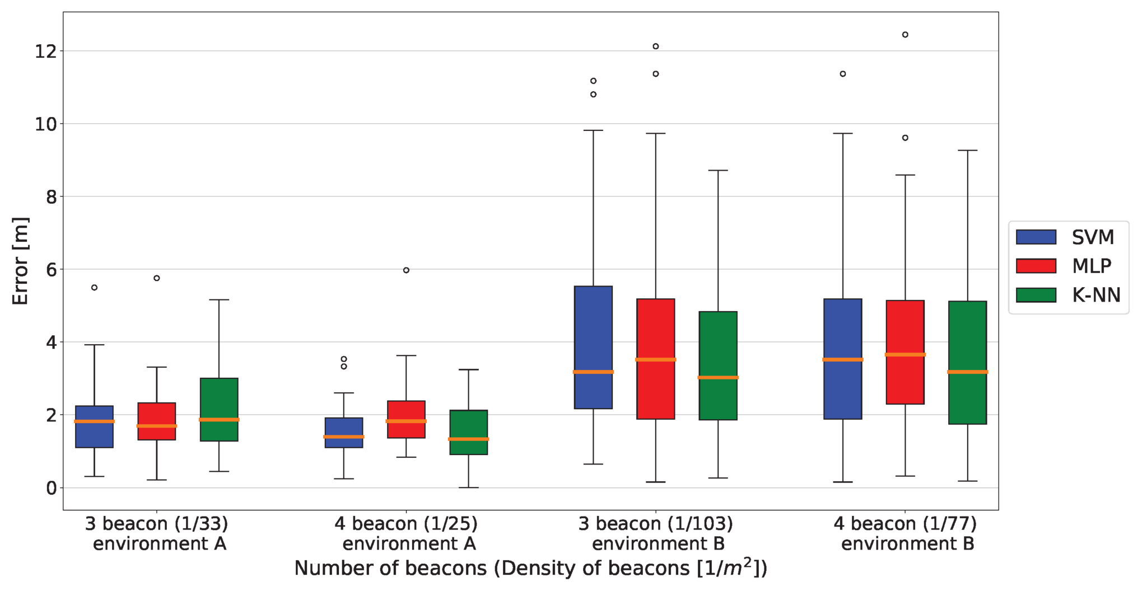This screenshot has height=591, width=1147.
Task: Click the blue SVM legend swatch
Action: click(1036, 237)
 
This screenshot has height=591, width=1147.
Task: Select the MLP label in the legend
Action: click(1092, 266)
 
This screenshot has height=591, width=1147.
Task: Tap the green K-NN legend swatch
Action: click(1036, 295)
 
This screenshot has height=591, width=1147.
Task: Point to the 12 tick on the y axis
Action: click(46, 51)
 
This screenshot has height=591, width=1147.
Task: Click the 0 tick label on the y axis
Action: click(51, 488)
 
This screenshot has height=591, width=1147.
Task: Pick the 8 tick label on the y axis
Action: click(51, 197)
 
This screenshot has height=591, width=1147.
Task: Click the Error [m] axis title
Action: click(20, 261)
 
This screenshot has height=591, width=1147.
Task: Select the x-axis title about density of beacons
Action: click(530, 568)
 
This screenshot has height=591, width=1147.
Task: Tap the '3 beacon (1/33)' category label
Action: click(157, 524)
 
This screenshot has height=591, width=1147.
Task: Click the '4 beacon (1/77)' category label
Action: click(905, 524)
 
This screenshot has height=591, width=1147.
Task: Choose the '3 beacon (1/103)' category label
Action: click(656, 524)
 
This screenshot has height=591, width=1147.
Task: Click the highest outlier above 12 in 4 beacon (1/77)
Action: click(905, 35)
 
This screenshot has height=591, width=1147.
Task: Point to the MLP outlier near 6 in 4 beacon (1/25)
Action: click(406, 270)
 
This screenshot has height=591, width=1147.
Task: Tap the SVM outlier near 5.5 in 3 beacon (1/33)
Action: click(94, 288)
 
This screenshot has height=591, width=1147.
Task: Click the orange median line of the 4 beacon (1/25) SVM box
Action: click(344, 437)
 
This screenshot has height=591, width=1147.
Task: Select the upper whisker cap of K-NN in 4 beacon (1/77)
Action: click(967, 151)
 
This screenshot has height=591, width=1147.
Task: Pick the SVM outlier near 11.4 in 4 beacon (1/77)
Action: click(843, 74)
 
